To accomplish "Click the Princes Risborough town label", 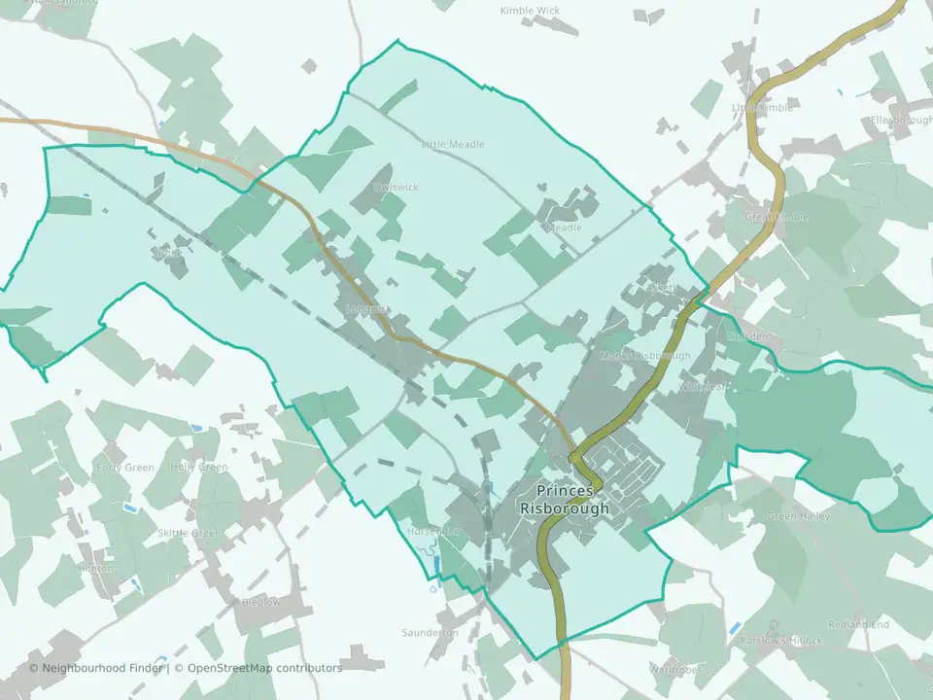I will point(565,500).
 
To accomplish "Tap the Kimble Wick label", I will point(530,11).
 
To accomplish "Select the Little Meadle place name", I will point(452,144).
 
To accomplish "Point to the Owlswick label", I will point(396,186).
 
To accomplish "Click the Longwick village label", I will point(367,309).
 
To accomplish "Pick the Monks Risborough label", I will point(644,356).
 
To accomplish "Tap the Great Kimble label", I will point(776,217).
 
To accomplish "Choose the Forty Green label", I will point(125,468).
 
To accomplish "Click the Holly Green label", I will point(198,468).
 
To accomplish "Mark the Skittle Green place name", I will point(188,534).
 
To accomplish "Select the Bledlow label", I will point(260,602).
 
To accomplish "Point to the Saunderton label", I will point(430,633).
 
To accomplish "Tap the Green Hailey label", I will point(799,516).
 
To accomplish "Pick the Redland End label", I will point(858,624).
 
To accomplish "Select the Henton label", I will point(94,569).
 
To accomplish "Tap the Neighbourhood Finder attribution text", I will point(98,668).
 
